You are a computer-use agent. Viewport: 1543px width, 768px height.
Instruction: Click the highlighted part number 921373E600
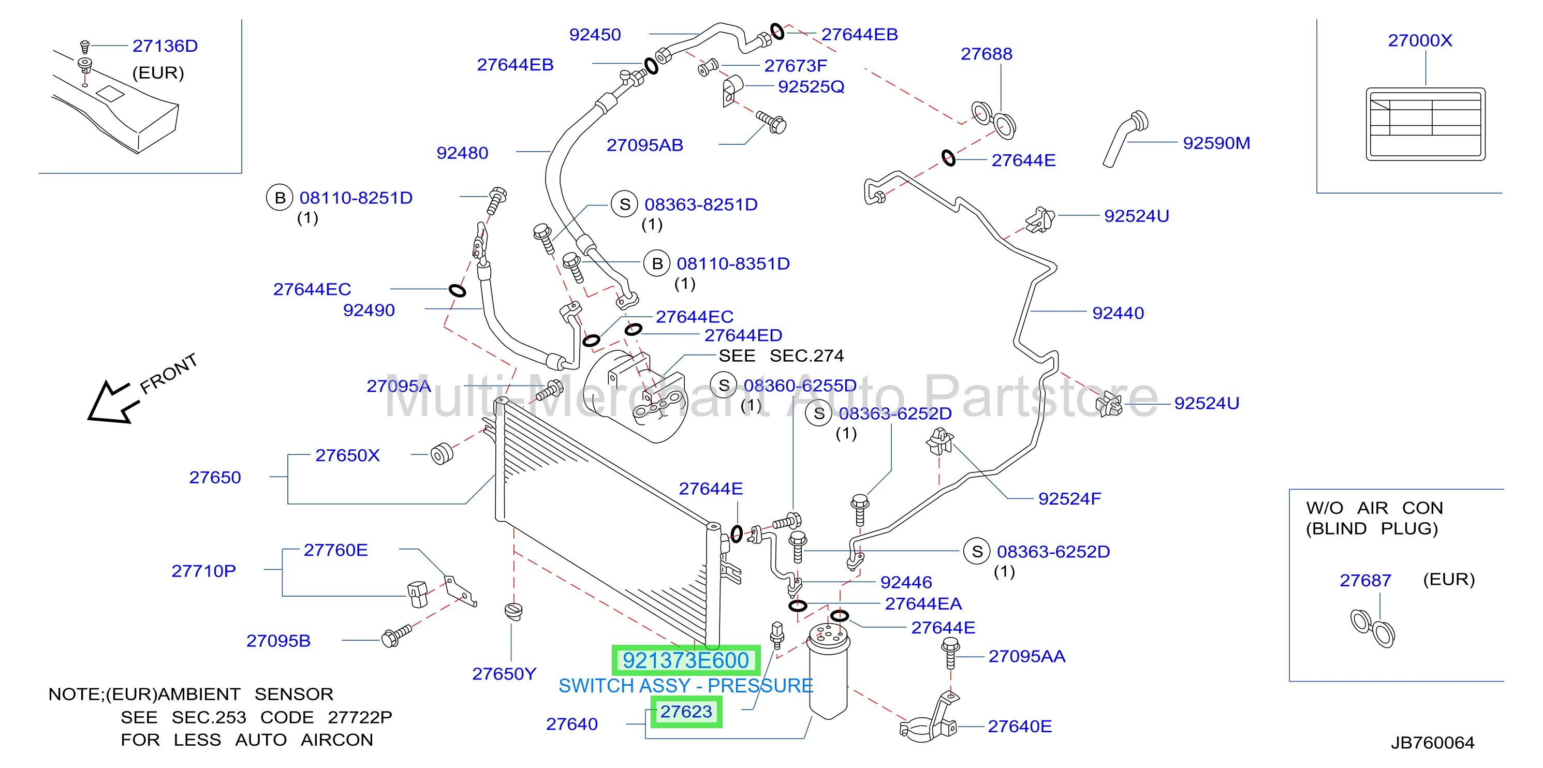[x=686, y=660]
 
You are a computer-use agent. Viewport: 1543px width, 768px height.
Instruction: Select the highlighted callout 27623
[x=686, y=712]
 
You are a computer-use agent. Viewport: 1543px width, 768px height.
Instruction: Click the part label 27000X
[x=1420, y=40]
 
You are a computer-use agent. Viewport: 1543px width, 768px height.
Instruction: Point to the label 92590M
[x=1216, y=143]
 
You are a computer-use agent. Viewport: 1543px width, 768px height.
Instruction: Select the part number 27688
[x=987, y=54]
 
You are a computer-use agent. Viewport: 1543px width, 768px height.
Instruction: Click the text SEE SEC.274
[x=781, y=356]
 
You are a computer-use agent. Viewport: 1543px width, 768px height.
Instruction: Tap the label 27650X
[x=347, y=455]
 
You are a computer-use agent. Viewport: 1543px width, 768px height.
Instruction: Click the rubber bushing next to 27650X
[x=442, y=454]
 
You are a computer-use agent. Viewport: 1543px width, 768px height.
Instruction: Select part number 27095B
[x=278, y=641]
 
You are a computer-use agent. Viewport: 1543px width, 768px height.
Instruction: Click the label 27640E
[x=1020, y=727]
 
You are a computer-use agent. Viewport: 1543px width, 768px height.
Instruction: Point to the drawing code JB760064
[x=1433, y=743]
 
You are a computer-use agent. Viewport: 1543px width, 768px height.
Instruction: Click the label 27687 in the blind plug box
[x=1365, y=581]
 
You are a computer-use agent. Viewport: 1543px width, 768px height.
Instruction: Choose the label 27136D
[x=165, y=46]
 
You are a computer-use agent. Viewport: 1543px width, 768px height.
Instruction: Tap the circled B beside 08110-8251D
[x=280, y=198]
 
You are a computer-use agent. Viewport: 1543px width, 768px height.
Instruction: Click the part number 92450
[x=595, y=35]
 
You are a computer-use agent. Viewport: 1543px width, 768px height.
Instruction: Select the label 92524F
[x=1070, y=499]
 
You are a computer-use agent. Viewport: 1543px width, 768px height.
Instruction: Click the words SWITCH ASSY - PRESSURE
[x=686, y=686]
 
